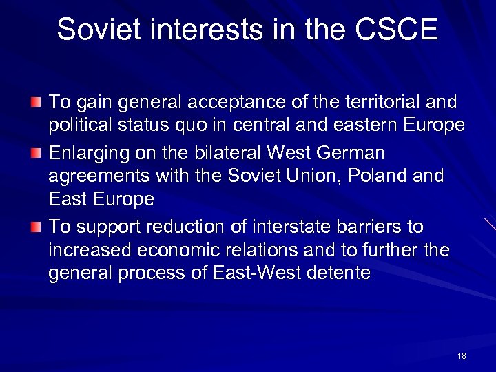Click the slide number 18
tap(462, 356)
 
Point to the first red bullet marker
tap(37, 103)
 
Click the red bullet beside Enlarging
tap(37, 152)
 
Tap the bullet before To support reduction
tap(37, 227)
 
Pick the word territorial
tap(369, 103)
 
